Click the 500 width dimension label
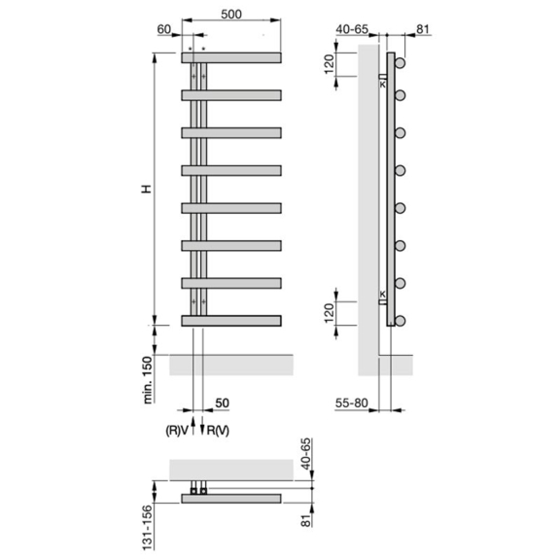pyautogui.click(x=231, y=15)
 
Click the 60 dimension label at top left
pyautogui.click(x=164, y=29)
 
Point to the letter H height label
pyautogui.click(x=147, y=189)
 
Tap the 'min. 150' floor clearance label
pyautogui.click(x=148, y=380)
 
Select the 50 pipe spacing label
pyautogui.click(x=222, y=402)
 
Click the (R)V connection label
pyautogui.click(x=176, y=431)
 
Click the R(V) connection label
pyautogui.click(x=218, y=431)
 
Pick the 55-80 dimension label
pyautogui.click(x=351, y=403)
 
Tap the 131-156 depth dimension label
pyautogui.click(x=148, y=528)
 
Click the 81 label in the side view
pyautogui.click(x=423, y=29)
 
